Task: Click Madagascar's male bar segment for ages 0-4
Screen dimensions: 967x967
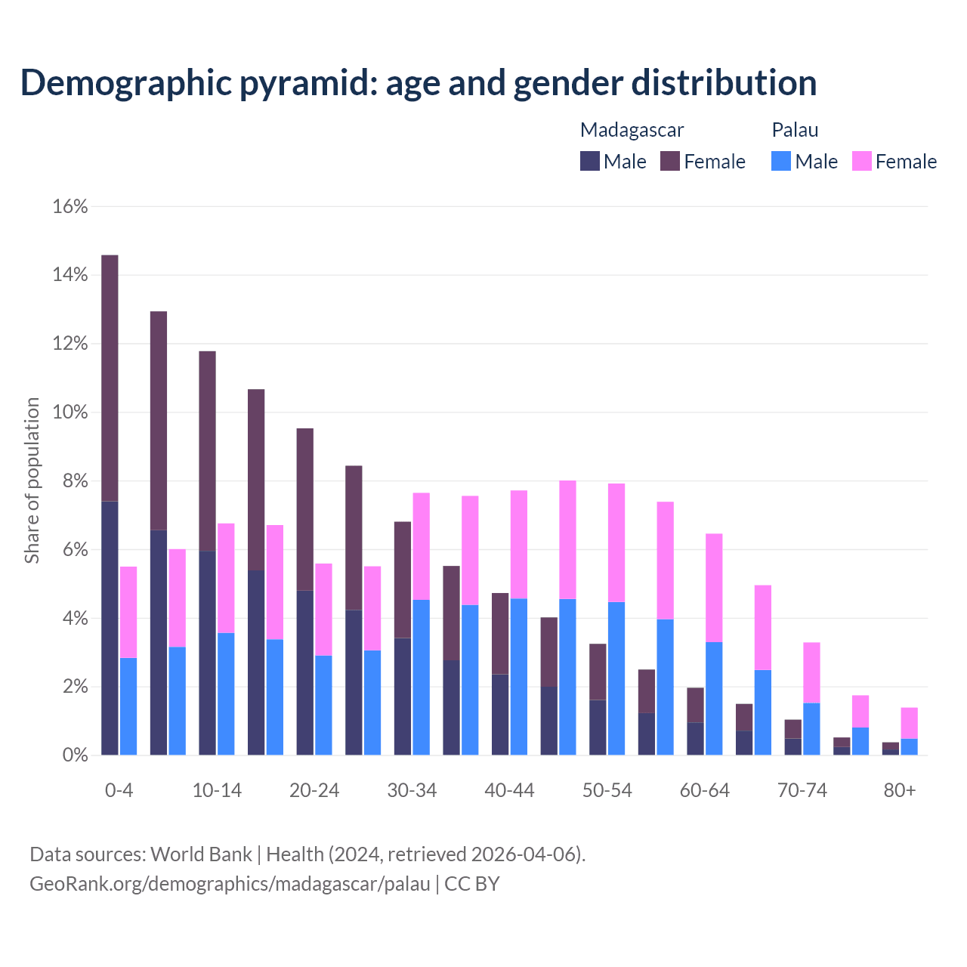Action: [110, 628]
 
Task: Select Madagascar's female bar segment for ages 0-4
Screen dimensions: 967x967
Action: [110, 378]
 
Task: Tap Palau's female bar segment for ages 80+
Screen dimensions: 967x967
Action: [910, 723]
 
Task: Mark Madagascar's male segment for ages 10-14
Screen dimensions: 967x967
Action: [207, 653]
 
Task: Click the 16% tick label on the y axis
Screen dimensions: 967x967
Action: [70, 206]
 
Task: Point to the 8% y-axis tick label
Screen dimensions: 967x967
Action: [75, 481]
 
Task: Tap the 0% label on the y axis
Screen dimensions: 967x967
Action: [75, 755]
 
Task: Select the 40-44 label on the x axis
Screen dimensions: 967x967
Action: [509, 790]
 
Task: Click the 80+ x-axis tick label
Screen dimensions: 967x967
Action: [900, 790]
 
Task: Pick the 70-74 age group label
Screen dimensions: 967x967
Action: [802, 790]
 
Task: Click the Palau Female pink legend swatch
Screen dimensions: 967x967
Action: [861, 161]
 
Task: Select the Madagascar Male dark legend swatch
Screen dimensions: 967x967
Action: [590, 161]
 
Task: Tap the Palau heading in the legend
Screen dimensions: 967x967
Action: [795, 130]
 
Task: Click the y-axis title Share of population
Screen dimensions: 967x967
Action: [32, 480]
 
